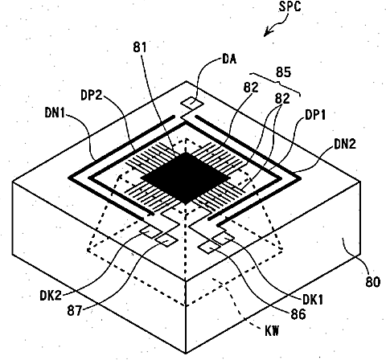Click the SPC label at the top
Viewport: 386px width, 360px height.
[289, 6]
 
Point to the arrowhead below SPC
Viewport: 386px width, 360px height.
[268, 31]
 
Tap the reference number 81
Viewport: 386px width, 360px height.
[140, 47]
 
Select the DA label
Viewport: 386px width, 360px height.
[229, 59]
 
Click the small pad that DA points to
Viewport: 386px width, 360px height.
[192, 103]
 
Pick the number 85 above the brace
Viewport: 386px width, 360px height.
[283, 72]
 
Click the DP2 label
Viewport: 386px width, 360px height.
[92, 95]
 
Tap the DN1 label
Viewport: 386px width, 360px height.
[55, 112]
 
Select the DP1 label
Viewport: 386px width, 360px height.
[315, 115]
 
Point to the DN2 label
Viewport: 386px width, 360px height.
[345, 144]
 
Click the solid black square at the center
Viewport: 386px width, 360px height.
[185, 178]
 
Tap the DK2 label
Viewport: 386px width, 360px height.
[51, 295]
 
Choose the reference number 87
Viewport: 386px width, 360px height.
[74, 311]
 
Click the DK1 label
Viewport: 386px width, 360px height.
[313, 299]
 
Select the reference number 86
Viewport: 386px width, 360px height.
[298, 314]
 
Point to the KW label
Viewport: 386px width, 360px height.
[272, 331]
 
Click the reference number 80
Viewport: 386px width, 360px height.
[372, 282]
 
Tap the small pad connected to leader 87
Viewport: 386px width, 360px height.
[166, 240]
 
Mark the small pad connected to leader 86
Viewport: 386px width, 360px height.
[209, 247]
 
